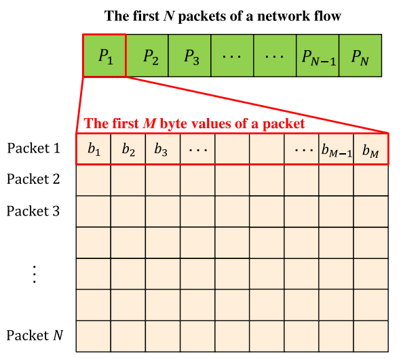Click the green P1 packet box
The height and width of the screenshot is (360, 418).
[x=104, y=55]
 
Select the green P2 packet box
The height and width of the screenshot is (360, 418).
[x=147, y=55]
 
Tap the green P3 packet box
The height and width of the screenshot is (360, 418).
[x=190, y=55]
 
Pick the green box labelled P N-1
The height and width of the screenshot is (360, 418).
[x=318, y=55]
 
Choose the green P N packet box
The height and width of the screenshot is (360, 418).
[x=360, y=55]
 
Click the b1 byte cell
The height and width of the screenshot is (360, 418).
[x=94, y=150]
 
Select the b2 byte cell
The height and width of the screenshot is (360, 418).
[x=128, y=150]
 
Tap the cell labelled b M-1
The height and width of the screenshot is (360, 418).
[x=336, y=150]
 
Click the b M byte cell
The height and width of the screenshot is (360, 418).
[x=370, y=150]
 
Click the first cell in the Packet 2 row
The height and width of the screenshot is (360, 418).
[x=94, y=181]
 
